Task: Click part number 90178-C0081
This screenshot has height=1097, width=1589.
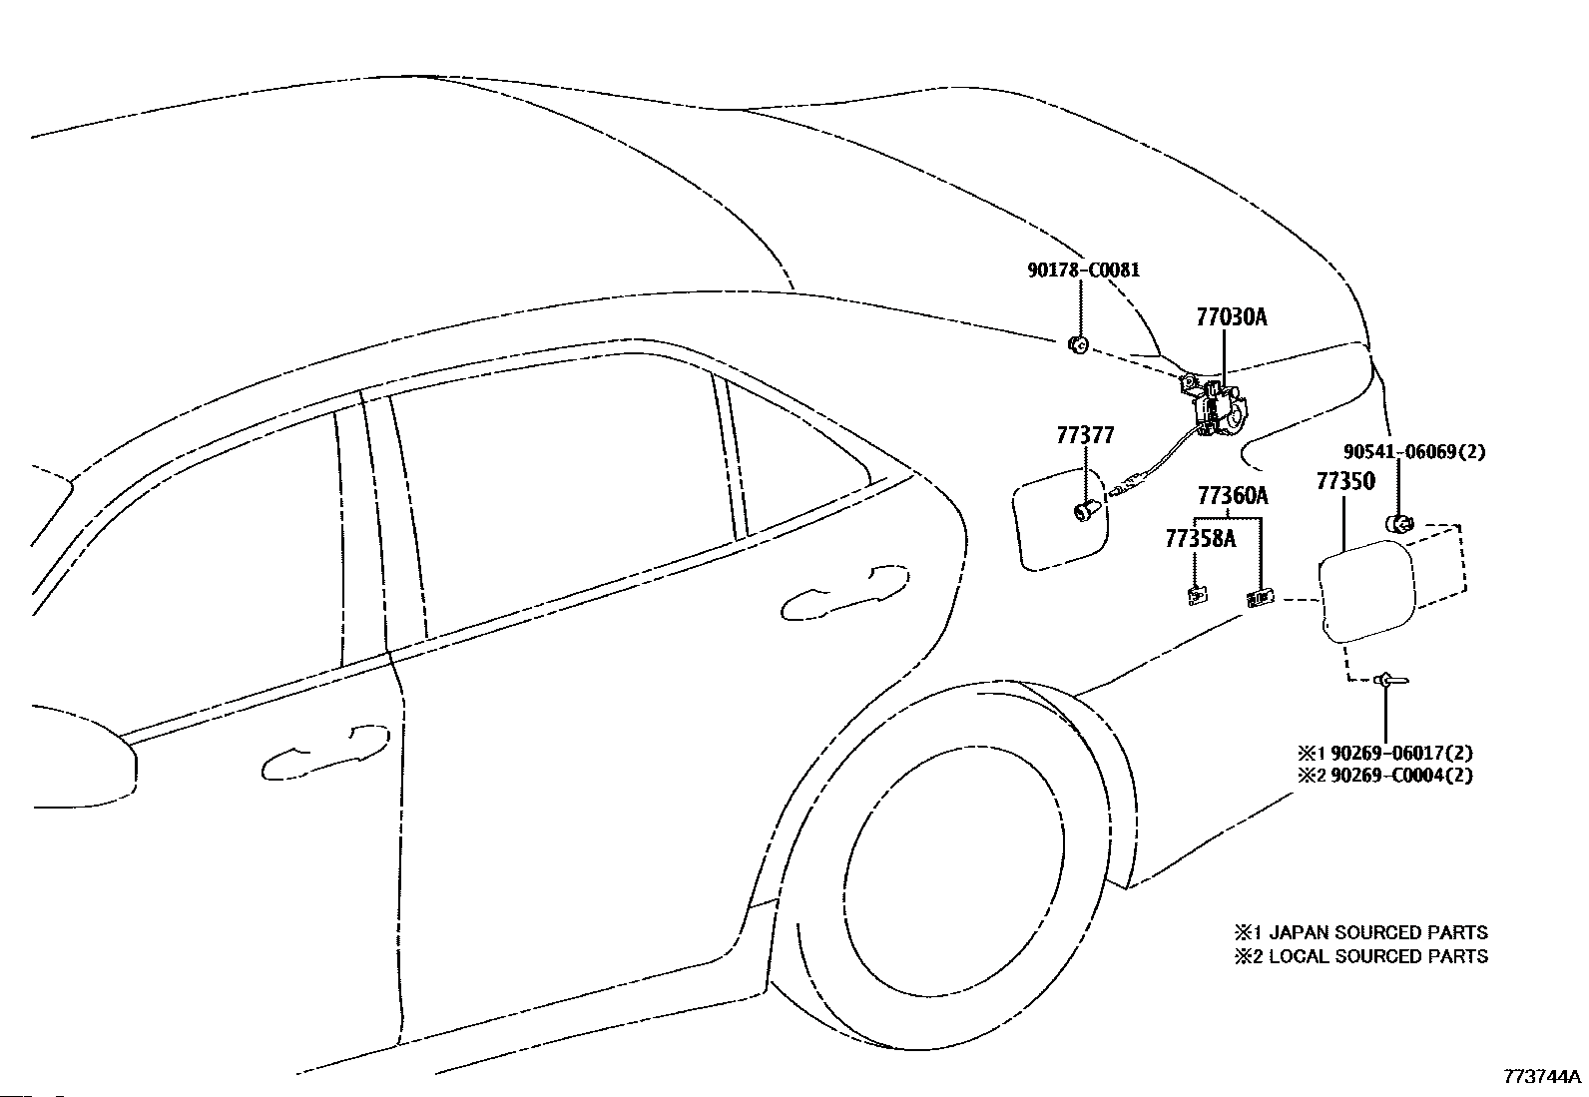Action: point(1083,270)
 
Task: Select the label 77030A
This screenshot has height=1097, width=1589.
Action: point(1232,316)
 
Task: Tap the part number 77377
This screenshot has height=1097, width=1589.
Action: point(1085,435)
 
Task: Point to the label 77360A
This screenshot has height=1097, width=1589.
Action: point(1233,495)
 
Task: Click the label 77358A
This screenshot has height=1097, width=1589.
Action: point(1201,539)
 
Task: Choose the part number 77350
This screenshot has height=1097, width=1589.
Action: point(1345,481)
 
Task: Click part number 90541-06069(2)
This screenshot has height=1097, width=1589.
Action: point(1414,451)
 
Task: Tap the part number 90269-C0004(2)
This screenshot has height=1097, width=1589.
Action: point(1401,775)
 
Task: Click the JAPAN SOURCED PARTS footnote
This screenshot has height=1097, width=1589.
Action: point(1377,931)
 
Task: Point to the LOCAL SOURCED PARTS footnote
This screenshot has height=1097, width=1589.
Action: point(1377,956)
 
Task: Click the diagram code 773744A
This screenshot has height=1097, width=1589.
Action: point(1542,1076)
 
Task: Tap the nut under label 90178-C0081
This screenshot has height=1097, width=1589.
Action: point(1078,345)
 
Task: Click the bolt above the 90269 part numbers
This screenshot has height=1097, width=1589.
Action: point(1390,681)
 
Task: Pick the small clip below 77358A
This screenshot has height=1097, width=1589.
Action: point(1198,594)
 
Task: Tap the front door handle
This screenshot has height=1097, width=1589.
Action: point(325,753)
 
